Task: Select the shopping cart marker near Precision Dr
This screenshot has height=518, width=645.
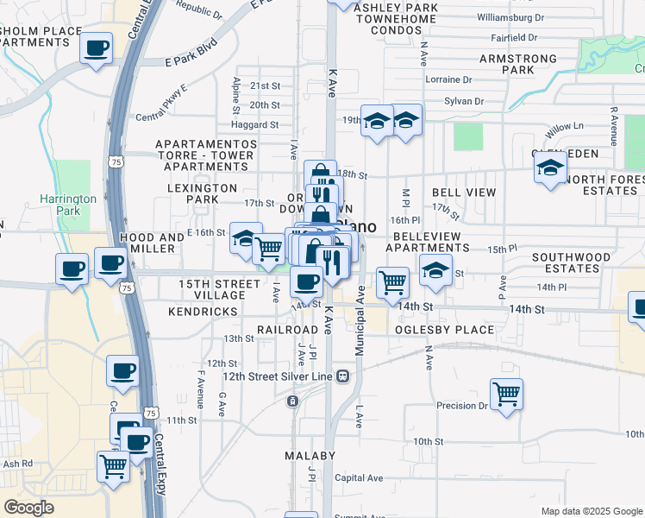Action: coord(506,394)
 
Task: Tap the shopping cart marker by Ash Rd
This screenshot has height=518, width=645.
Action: coord(113,467)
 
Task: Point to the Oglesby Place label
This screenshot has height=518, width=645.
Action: coord(445,330)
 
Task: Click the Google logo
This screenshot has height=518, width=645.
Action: coord(29,508)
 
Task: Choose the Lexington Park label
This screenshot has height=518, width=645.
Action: coord(203,193)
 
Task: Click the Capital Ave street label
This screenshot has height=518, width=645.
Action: coord(359,477)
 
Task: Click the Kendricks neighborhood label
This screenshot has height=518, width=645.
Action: coord(203,311)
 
